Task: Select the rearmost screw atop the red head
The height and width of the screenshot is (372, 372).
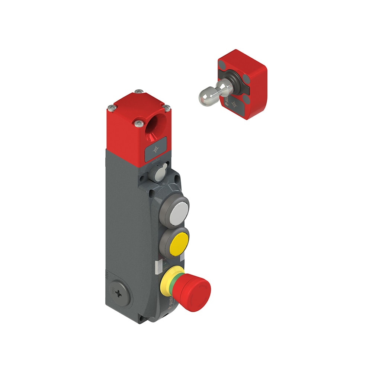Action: [x=139, y=92]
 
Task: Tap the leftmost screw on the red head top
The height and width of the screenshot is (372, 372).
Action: [x=111, y=108]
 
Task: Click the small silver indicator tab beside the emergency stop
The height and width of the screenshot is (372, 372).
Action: [x=157, y=266]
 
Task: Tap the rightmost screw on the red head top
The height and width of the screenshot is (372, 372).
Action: [x=167, y=108]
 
